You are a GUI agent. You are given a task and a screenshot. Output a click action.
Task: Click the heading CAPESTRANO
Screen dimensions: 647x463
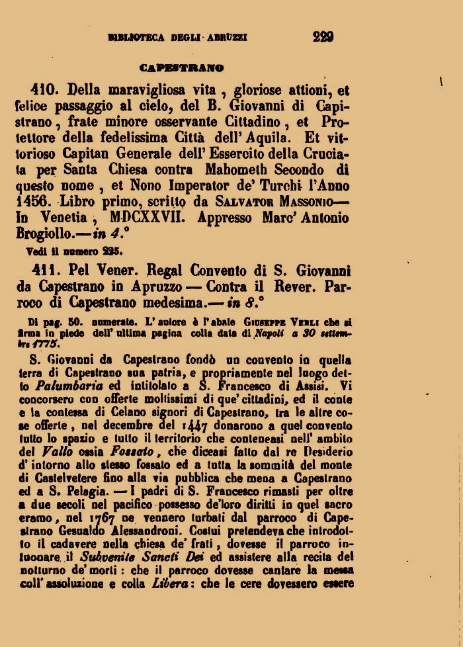click(x=181, y=67)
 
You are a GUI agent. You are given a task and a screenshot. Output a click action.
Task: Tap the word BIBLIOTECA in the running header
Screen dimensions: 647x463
click(x=136, y=38)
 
